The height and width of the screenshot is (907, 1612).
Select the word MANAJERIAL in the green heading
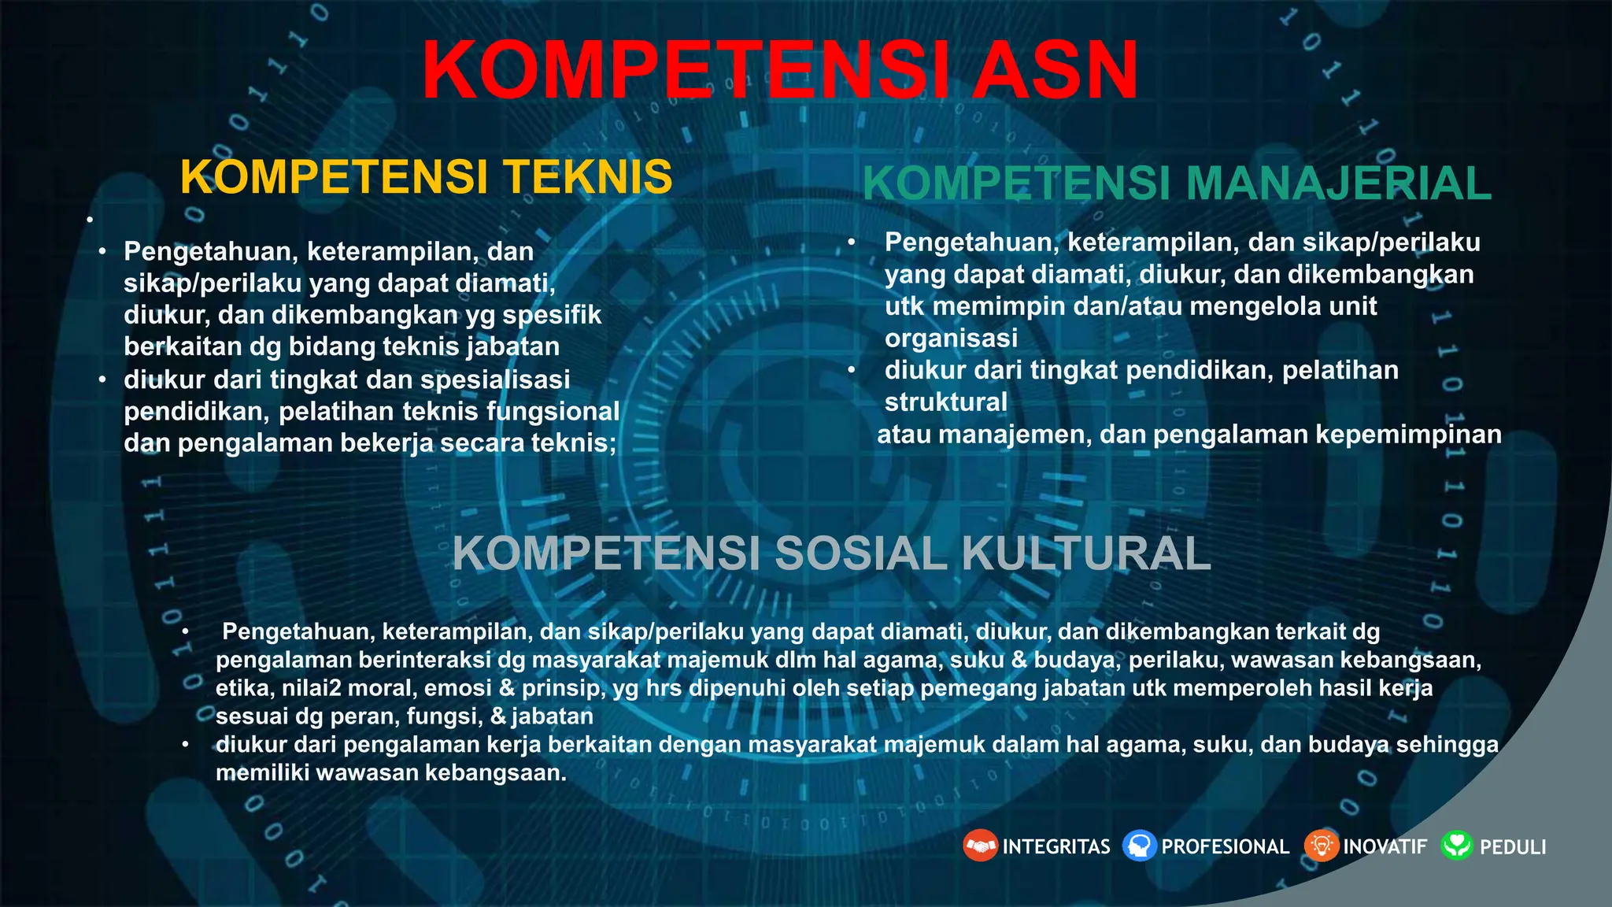[x=1338, y=183]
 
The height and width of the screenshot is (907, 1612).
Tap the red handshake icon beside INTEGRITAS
[x=980, y=846]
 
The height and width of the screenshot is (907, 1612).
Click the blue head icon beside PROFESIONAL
[x=1139, y=846]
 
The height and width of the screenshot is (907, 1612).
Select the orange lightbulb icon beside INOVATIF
[x=1322, y=846]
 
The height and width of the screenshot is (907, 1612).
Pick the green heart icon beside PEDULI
[x=1457, y=846]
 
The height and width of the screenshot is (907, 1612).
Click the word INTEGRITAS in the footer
[x=1056, y=847]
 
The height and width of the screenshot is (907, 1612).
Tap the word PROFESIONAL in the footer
[x=1226, y=847]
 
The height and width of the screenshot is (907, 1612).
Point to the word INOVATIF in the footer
[x=1385, y=847]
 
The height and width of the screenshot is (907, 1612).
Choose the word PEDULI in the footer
[x=1513, y=847]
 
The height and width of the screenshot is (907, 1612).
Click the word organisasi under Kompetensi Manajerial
[x=951, y=339]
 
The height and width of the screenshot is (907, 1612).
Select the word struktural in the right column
[x=946, y=402]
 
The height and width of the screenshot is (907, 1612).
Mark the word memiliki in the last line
[x=262, y=772]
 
